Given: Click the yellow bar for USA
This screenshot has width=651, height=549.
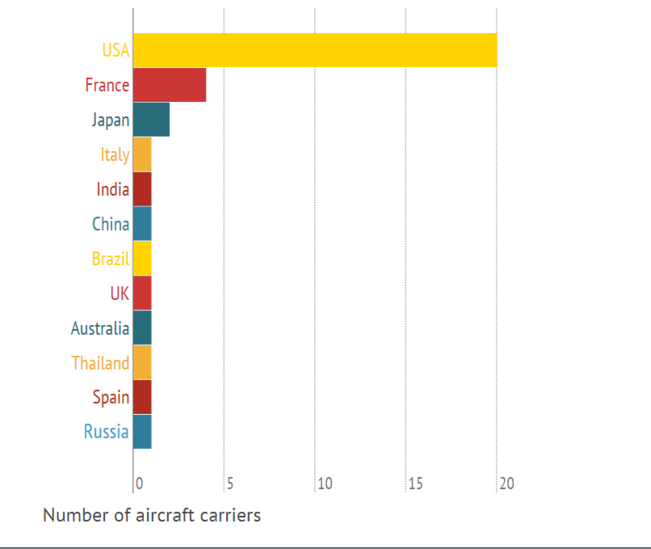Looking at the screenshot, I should tap(315, 50).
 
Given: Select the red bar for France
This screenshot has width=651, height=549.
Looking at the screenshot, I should tap(170, 85).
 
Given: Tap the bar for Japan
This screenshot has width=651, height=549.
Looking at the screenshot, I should tap(151, 120).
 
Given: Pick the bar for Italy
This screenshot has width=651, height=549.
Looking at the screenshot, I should tap(142, 154).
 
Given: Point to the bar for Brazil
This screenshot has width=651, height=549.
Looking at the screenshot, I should tap(142, 258).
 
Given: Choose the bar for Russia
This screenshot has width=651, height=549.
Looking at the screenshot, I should tap(142, 431).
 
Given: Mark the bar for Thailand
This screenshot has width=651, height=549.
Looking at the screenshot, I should tap(142, 362).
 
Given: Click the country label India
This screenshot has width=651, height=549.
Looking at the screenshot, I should tap(113, 189).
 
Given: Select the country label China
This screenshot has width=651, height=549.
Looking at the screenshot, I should tap(111, 224).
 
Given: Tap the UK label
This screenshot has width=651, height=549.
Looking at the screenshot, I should tap(120, 294).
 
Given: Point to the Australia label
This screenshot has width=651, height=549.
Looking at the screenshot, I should tap(100, 328).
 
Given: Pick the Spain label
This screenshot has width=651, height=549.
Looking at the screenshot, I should tap(111, 397).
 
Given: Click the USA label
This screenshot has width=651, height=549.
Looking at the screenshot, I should tap(115, 50).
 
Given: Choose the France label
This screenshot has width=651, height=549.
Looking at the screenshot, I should tap(107, 85).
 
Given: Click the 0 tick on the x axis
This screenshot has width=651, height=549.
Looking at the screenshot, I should tap(139, 484).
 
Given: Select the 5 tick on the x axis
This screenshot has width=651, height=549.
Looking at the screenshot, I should tap(230, 484).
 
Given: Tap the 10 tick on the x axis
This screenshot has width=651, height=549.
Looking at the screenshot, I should tap(325, 484).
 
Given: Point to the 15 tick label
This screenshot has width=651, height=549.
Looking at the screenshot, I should tap(415, 484).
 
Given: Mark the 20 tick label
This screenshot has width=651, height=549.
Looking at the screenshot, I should tap(506, 484).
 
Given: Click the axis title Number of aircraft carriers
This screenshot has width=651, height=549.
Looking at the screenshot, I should tap(152, 515).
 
